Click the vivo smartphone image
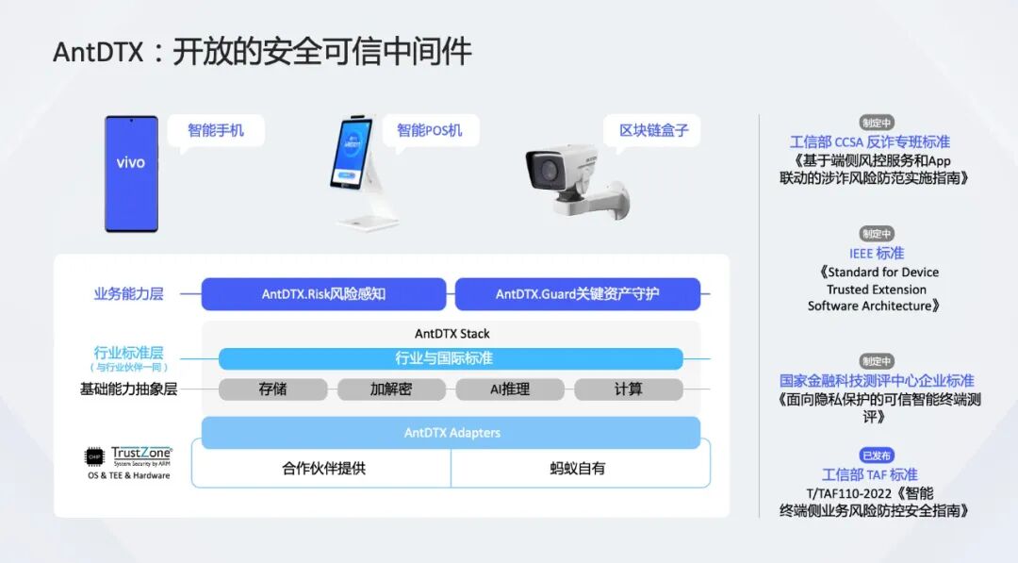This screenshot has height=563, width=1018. point(131,174)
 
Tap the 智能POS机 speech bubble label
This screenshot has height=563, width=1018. point(430,130)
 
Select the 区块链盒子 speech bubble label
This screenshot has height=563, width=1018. point(653,130)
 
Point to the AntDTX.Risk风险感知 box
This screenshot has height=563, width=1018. point(323,294)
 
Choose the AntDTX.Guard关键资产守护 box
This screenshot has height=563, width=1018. point(577,294)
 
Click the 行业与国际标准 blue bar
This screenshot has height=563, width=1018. point(450,358)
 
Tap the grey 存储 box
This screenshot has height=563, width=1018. point(272,389)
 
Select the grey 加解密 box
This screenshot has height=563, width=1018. point(390,389)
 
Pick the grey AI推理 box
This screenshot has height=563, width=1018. point(509,389)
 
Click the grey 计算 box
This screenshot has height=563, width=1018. point(628,389)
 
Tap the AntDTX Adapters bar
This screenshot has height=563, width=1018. point(451,433)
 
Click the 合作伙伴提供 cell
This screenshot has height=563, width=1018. point(322,468)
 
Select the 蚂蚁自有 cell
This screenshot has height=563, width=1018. point(578,468)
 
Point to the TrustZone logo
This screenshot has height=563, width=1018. point(129,457)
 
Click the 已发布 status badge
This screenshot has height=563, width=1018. point(877,455)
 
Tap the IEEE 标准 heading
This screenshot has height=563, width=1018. point(877,253)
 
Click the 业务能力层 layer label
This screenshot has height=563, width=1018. point(128,294)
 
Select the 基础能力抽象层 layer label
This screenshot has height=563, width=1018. point(128,389)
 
